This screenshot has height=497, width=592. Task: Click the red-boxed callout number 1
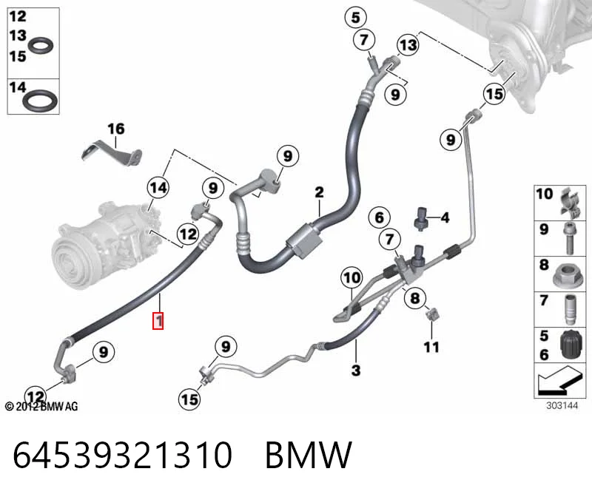(158, 321)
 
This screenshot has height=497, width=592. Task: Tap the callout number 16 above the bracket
(116, 129)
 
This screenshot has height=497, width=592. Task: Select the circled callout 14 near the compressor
(158, 188)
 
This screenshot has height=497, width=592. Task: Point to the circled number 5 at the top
(356, 17)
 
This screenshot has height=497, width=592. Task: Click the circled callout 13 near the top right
(408, 45)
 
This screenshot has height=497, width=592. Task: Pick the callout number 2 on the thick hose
(319, 192)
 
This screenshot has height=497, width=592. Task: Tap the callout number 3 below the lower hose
(356, 371)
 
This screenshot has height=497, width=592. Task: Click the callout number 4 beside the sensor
(445, 217)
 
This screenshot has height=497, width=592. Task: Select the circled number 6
(379, 217)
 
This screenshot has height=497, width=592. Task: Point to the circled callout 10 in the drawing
(351, 278)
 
